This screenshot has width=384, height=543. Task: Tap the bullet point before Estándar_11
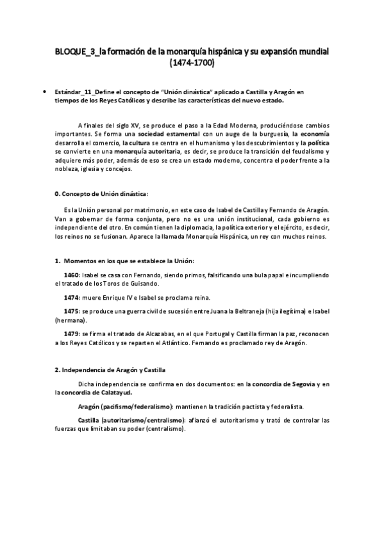pos(43,92)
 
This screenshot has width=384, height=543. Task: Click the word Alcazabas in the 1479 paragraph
pos(162,334)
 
